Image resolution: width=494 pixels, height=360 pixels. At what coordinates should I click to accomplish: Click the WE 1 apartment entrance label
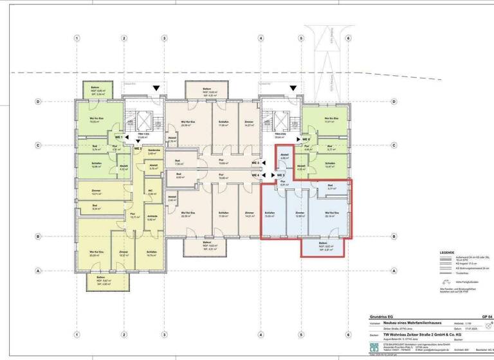point(118,138)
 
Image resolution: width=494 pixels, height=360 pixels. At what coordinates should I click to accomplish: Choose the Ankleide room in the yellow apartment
point(152,217)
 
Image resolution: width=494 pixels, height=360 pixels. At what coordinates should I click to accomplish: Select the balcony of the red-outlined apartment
point(327,246)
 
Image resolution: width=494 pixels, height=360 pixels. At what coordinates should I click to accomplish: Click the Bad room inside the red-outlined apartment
point(331,188)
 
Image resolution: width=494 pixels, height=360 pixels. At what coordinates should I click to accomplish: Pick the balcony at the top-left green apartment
point(95,91)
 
